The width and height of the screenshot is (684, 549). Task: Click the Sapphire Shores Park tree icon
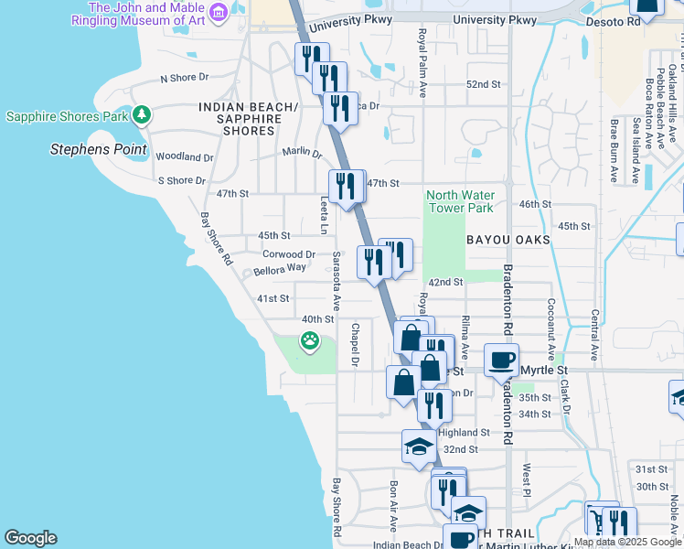point(141,115)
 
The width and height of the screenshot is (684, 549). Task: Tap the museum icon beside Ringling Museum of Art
point(218,12)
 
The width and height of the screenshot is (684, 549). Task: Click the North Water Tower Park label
point(461,201)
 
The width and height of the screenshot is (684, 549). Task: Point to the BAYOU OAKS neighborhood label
point(508,240)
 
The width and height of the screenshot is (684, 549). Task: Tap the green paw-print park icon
point(310,342)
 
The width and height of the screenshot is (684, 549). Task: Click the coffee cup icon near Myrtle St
point(501,360)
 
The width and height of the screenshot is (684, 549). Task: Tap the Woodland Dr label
point(185,157)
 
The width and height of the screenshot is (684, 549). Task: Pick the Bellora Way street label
point(280,268)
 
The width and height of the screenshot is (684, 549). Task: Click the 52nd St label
point(484,84)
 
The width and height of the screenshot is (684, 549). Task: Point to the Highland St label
point(464,433)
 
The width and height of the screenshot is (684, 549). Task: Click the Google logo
point(30,538)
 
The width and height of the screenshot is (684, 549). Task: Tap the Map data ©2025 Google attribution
point(627,542)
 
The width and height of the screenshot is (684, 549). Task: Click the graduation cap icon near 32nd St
point(419,447)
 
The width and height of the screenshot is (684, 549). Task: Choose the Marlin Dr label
point(302,153)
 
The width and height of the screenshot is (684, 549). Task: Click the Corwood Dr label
point(289,254)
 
